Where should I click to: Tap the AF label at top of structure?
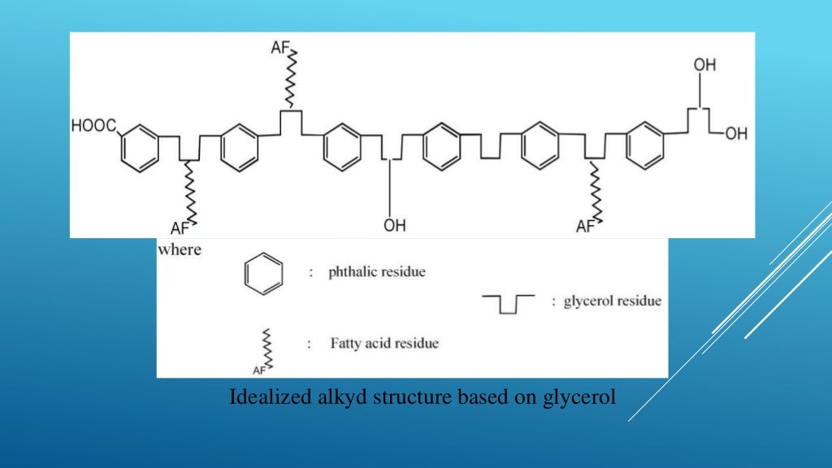pyautogui.click(x=280, y=49)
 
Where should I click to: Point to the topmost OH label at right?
pyautogui.click(x=704, y=65)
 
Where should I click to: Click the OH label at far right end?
pyautogui.click(x=736, y=134)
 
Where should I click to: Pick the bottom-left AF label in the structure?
pyautogui.click(x=180, y=227)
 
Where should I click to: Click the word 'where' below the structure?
pyautogui.click(x=180, y=249)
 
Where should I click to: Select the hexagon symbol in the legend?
pyautogui.click(x=264, y=274)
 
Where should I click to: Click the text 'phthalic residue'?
pyautogui.click(x=376, y=272)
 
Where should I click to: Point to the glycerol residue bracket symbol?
pyautogui.click(x=509, y=303)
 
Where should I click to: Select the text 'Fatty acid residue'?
pyautogui.click(x=383, y=343)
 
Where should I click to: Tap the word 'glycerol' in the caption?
pyautogui.click(x=578, y=398)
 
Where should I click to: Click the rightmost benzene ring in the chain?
pyautogui.click(x=646, y=146)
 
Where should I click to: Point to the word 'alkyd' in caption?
pyautogui.click(x=331, y=398)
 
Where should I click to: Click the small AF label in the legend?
pyautogui.click(x=259, y=370)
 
